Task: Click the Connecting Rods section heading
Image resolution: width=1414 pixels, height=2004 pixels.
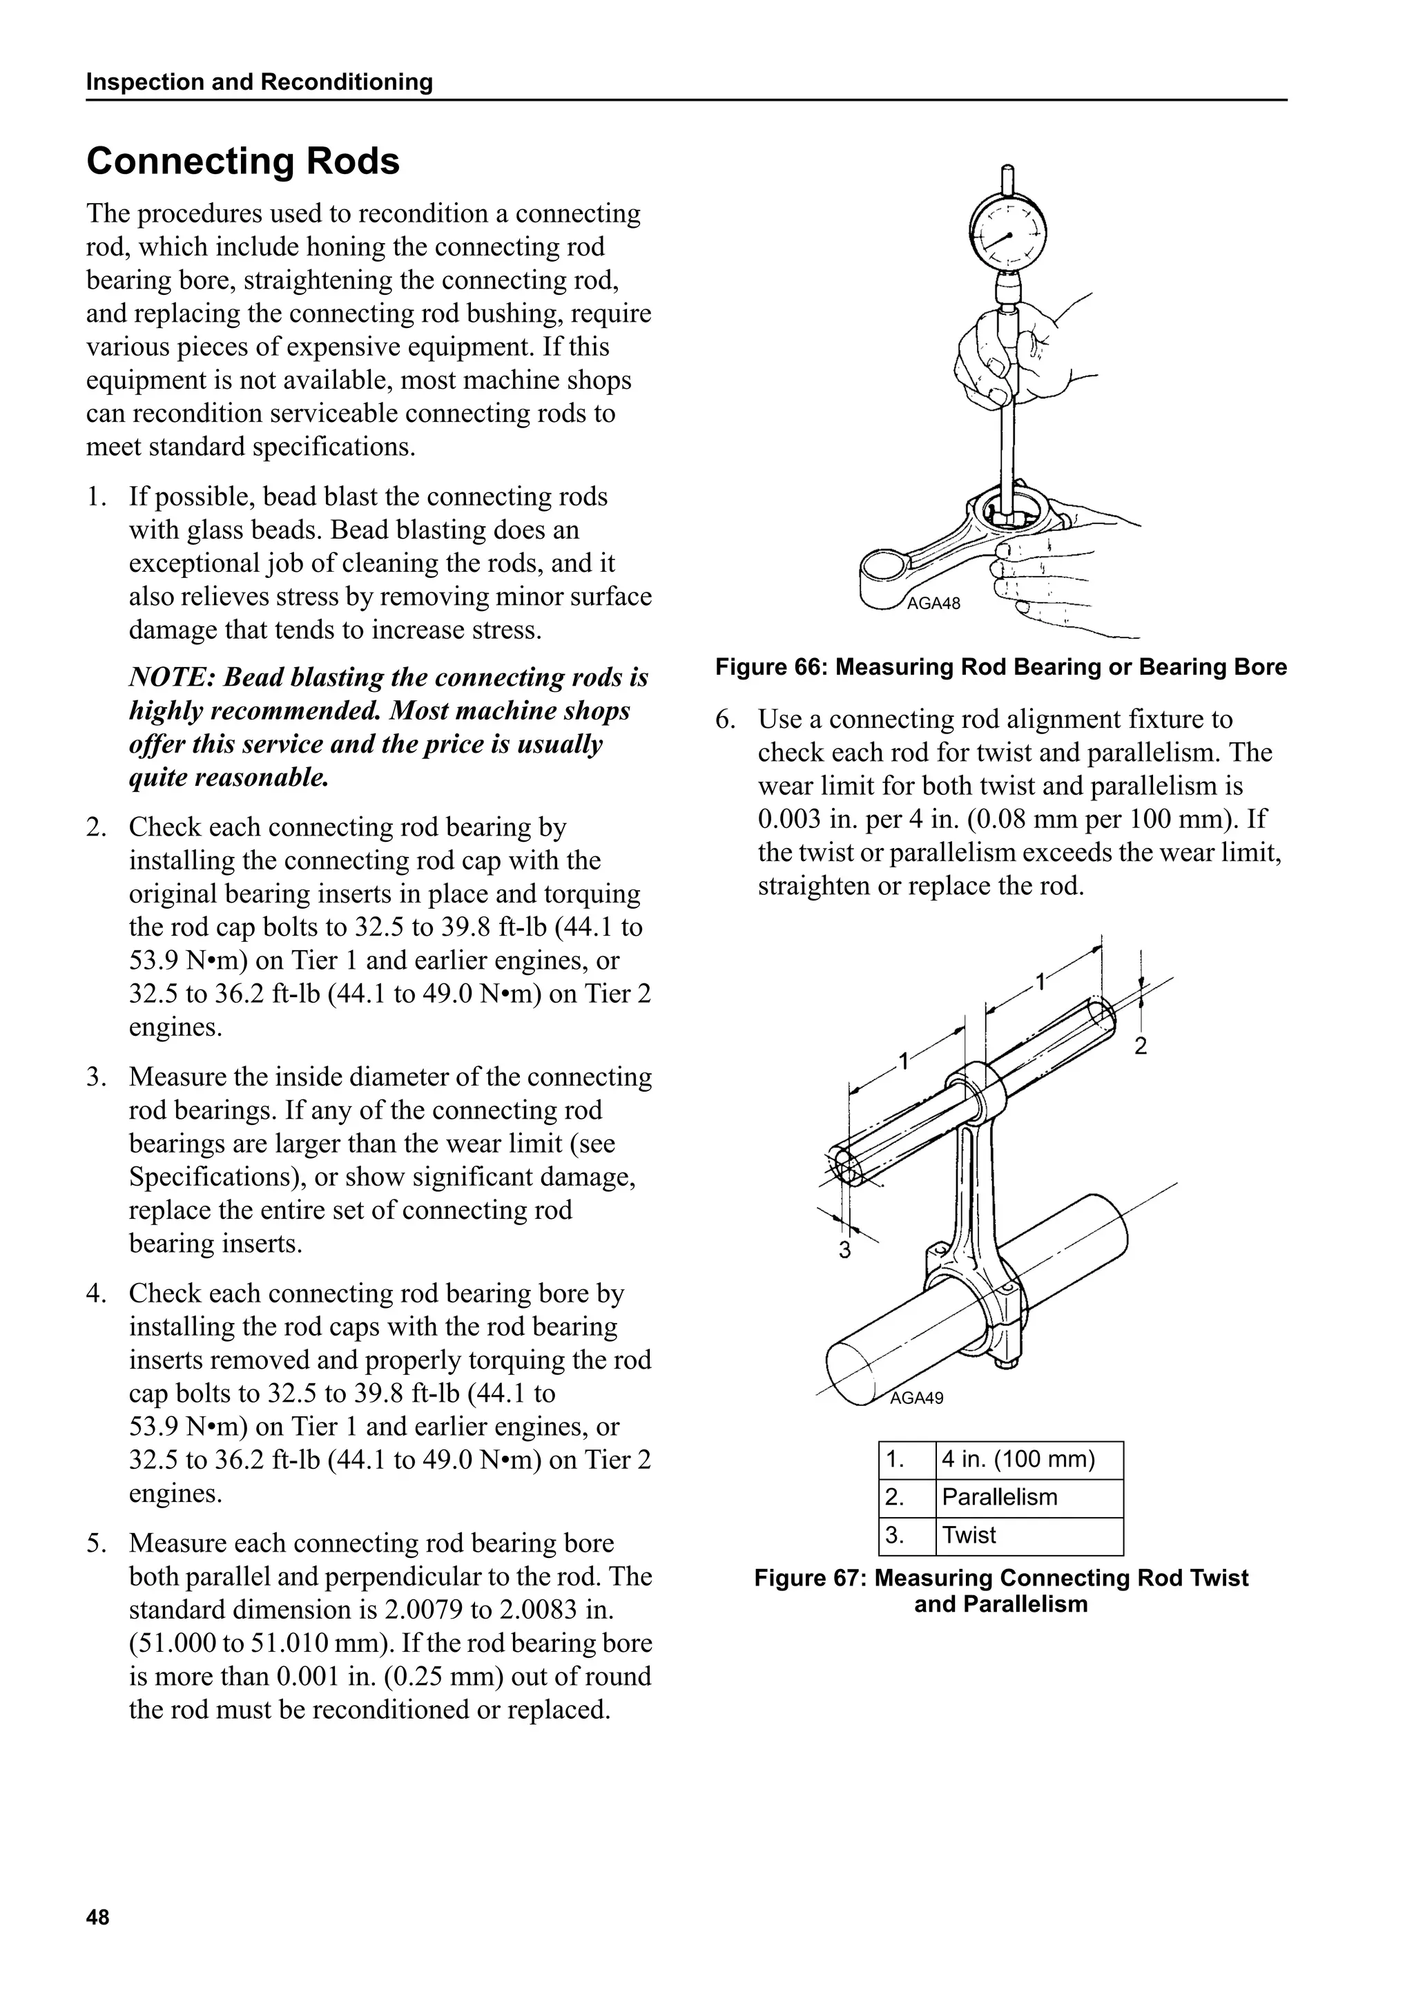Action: [x=242, y=162]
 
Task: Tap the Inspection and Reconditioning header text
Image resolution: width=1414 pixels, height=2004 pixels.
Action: [x=259, y=82]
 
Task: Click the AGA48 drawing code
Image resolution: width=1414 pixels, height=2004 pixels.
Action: [x=933, y=604]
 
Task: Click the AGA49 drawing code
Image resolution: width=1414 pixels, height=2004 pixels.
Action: [x=916, y=1398]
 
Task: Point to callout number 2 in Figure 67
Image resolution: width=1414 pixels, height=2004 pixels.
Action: [x=1140, y=1046]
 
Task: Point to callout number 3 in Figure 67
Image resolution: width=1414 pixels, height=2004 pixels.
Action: [x=844, y=1251]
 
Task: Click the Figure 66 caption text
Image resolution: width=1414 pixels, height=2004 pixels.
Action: [x=1000, y=668]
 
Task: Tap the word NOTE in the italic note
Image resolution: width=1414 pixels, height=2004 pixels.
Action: [x=168, y=678]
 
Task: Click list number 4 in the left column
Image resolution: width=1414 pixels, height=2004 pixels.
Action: [x=95, y=1293]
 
